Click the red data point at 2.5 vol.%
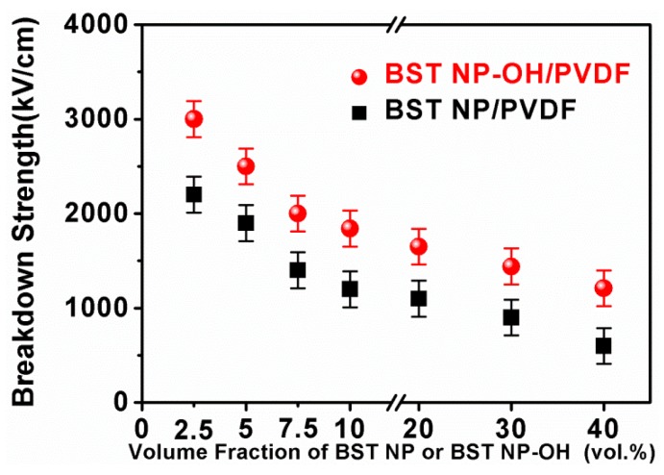tap(193, 119)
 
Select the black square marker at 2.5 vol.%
tap(193, 194)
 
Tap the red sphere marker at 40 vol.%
tap(603, 287)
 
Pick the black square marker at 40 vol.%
tap(603, 346)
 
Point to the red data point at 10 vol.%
tap(350, 228)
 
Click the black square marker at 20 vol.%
tap(418, 298)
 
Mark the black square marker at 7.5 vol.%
tap(297, 270)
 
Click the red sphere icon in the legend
tap(360, 76)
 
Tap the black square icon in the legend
tap(360, 112)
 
